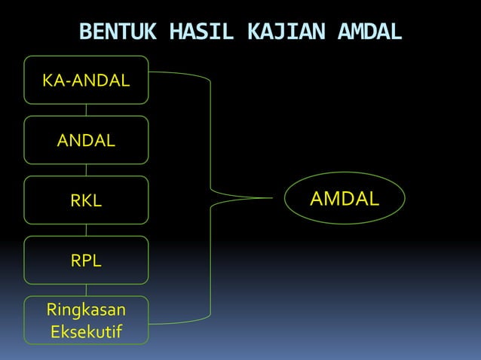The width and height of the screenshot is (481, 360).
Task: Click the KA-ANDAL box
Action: click(x=86, y=79)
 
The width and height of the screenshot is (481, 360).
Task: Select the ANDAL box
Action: click(x=86, y=140)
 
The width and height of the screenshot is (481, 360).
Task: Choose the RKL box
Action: click(x=86, y=200)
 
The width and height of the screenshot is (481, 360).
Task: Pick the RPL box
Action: click(x=86, y=261)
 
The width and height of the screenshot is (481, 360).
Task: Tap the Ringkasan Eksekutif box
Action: click(x=86, y=320)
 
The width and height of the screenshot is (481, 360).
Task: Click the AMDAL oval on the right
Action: click(x=345, y=198)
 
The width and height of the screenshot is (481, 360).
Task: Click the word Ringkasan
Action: click(x=86, y=310)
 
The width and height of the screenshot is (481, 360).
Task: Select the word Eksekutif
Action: click(x=86, y=331)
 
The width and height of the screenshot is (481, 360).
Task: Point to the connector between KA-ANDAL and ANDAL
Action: click(x=86, y=110)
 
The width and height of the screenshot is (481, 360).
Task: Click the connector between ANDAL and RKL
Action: click(x=86, y=170)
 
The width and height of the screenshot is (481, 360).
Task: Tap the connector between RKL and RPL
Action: click(x=86, y=230)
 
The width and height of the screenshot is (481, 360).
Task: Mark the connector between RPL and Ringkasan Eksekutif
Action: click(x=86, y=291)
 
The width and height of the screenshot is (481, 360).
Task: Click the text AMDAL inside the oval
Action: click(x=345, y=198)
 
